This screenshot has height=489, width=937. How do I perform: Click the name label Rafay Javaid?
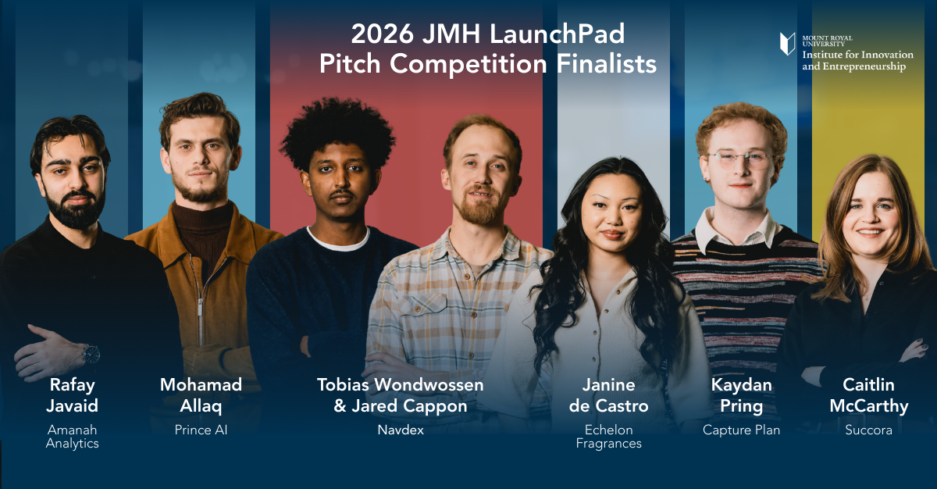74,395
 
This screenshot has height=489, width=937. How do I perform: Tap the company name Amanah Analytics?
73,437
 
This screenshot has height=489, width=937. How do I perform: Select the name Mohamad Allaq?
201,395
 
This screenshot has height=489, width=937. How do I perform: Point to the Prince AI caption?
201,430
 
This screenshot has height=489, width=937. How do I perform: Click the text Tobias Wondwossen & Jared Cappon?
400,395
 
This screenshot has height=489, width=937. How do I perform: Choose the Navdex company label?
400,430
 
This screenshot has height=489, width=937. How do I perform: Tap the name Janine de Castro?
609,395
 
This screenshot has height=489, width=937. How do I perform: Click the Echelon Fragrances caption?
609,437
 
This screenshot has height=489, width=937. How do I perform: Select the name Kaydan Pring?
741,395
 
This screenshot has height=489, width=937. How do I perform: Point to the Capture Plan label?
741,430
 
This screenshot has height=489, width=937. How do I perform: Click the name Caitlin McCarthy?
868,395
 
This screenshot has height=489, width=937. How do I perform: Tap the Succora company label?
868,430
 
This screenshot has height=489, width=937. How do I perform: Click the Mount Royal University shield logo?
787,44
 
